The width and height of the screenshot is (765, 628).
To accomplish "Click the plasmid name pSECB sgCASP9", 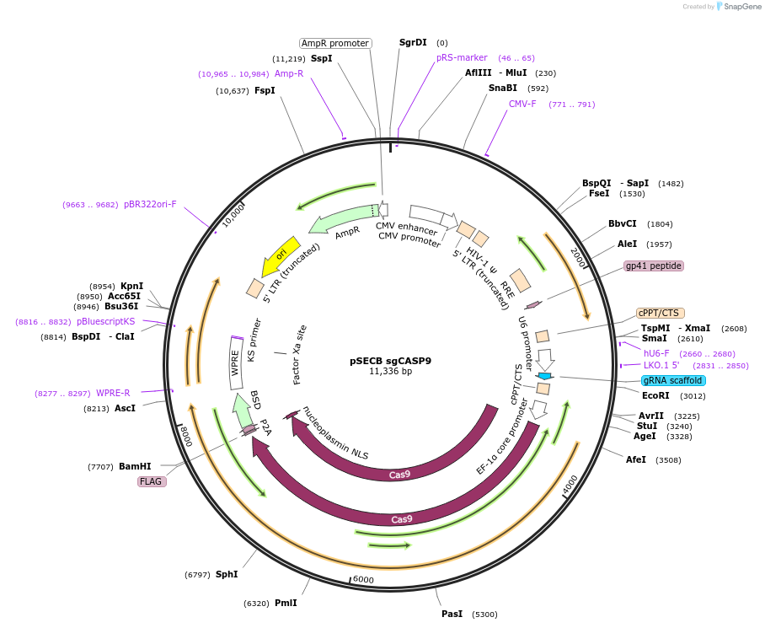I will coord(390,361).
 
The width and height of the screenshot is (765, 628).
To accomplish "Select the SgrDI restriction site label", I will coord(413,42).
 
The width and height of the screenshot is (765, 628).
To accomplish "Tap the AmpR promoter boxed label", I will coord(335,43).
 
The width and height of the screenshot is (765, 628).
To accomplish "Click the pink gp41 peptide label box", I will coord(653,266).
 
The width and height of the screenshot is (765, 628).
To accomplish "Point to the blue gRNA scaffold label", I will coord(673,380).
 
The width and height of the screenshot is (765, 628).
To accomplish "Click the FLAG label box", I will coord(152,481).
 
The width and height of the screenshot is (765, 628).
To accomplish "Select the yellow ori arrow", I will coord(281,255).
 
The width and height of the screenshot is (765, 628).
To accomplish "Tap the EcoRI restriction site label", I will coord(655,395).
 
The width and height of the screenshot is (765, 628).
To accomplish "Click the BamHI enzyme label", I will coord(135,466).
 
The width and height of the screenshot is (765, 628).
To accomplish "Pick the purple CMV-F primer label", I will coord(522,105).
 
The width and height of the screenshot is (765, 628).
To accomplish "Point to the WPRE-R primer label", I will coord(113,393).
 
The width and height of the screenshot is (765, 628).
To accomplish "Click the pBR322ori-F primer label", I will coord(150,204).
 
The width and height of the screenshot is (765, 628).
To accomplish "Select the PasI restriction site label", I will coord(452,614).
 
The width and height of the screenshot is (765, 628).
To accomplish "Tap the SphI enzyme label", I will coord(227,574).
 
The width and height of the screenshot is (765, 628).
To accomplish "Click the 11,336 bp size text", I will coord(390,372).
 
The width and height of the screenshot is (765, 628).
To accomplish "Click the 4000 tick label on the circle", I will coord(571,483).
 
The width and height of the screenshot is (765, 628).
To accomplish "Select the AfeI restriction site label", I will coord(636,459).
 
